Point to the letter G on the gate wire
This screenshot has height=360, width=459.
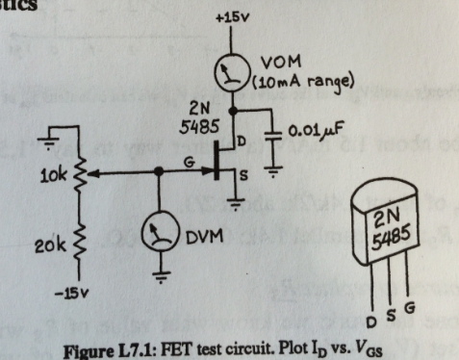(x=190, y=163)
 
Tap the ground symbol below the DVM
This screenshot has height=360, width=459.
(x=158, y=277)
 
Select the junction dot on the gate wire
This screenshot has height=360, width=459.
(x=159, y=174)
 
